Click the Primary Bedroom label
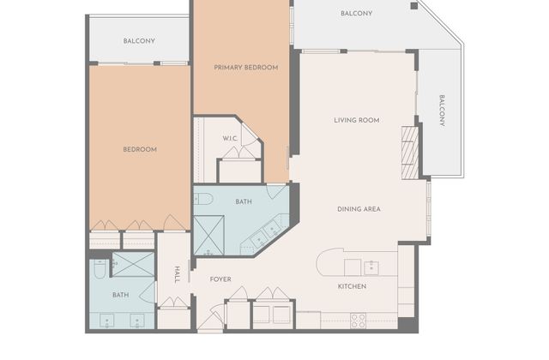pyautogui.click(x=246, y=67)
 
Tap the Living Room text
pyautogui.click(x=357, y=120)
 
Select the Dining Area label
pyautogui.click(x=359, y=209)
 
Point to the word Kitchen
pyautogui.click(x=352, y=286)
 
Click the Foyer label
pyautogui.click(x=220, y=279)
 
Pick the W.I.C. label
pyautogui.click(x=230, y=139)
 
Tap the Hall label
pyautogui.click(x=178, y=274)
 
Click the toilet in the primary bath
pyautogui.click(x=203, y=199)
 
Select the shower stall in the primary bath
pyautogui.click(x=209, y=235)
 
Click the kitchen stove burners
pyautogui.click(x=359, y=321)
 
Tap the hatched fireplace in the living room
pyautogui.click(x=410, y=153)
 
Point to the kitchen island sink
pyautogui.click(x=371, y=268)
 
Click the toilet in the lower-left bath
pyautogui.click(x=100, y=268)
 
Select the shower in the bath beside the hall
pyautogui.click(x=133, y=264)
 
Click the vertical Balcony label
pyautogui.click(x=442, y=111)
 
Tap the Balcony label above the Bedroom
pyautogui.click(x=139, y=41)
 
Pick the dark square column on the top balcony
pyautogui.click(x=414, y=6)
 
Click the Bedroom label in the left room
pyautogui.click(x=140, y=149)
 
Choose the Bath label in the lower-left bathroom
pyautogui.click(x=120, y=295)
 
